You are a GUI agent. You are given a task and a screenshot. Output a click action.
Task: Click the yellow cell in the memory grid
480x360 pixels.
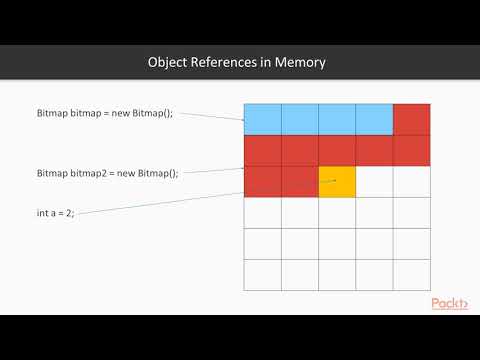[337, 181]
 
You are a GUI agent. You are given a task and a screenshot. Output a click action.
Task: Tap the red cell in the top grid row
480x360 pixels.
[411, 119]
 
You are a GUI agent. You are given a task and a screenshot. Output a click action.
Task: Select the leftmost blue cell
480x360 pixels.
[262, 119]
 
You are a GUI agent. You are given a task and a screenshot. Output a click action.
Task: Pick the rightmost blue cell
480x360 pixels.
[374, 119]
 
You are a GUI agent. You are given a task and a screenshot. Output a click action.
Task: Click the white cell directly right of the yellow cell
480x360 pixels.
[374, 181]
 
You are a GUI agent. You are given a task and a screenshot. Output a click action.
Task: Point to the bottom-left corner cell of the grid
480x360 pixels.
[262, 274]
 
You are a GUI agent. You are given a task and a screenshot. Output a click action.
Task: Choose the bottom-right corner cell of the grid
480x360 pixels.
[411, 274]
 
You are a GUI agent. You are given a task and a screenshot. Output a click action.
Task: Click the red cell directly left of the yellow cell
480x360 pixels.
[299, 181]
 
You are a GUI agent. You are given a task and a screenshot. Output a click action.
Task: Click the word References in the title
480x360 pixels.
[231, 63]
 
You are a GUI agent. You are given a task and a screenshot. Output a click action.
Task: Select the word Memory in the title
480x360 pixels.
[304, 63]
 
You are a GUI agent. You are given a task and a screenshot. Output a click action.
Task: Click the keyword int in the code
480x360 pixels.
[42, 213]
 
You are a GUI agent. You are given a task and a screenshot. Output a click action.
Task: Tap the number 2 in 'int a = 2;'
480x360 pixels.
[68, 213]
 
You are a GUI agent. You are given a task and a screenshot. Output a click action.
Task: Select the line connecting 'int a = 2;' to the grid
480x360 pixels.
[160, 203]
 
